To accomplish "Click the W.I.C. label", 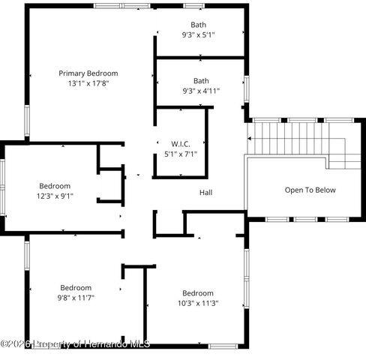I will tap(181, 144).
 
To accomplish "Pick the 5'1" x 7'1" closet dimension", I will tap(181, 154).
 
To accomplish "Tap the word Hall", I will tap(205, 193).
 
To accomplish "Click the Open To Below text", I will tap(310, 190).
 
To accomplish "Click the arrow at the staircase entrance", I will tap(250, 138).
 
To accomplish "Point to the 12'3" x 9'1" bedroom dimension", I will tap(55, 196).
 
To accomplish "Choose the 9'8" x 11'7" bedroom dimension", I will tap(76, 298).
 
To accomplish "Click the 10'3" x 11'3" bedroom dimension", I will tap(198, 303).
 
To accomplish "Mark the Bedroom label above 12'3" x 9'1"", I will tap(55, 186).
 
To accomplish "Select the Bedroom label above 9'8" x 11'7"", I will tap(76, 287).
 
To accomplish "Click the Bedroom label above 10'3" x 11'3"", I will tap(198, 292).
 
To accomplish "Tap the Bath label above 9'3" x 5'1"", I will tap(198, 25).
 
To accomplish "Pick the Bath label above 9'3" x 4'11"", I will tap(201, 80).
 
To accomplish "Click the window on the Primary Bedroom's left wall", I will tap(27, 120).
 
